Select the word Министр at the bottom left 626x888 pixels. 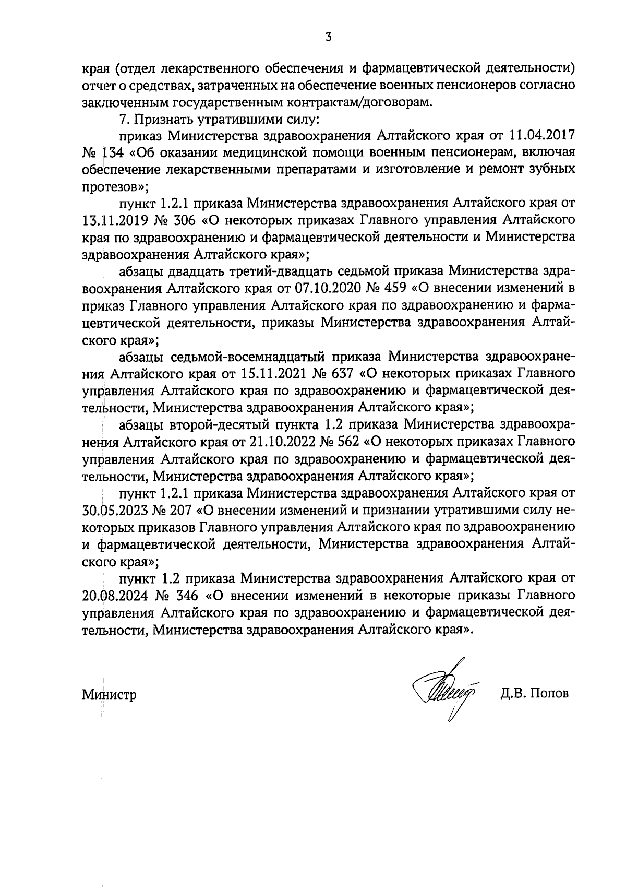(109, 695)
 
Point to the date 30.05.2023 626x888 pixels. (112, 510)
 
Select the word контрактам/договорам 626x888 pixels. (372, 102)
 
